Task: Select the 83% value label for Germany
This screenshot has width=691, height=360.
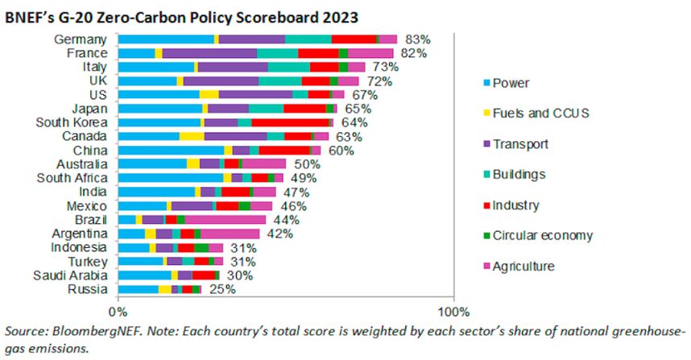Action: pyautogui.click(x=417, y=39)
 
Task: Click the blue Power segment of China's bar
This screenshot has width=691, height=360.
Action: pyautogui.click(x=171, y=150)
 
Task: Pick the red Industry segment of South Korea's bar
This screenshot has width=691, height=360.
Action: pyautogui.click(x=290, y=122)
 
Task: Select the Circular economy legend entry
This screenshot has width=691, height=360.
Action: pyautogui.click(x=542, y=235)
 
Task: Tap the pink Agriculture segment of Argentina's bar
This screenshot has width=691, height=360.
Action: pyautogui.click(x=230, y=234)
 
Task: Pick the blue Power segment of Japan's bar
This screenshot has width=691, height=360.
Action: pyautogui.click(x=160, y=109)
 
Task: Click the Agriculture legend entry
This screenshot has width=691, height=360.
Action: pyautogui.click(x=523, y=266)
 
